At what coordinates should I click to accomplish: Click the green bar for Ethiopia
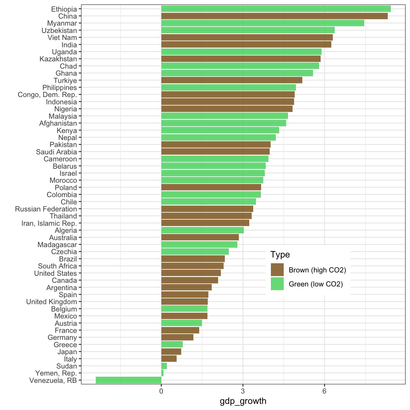tap(276, 9)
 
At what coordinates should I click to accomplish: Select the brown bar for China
tap(274, 16)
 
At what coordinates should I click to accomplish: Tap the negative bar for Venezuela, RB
tap(128, 380)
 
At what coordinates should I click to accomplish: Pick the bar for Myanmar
tap(262, 23)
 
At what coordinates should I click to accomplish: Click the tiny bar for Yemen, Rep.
tap(162, 373)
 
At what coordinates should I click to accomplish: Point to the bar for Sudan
tap(164, 366)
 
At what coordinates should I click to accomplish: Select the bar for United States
tap(191, 273)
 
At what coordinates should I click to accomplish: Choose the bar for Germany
tap(177, 337)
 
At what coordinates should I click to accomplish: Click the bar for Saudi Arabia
tap(215, 152)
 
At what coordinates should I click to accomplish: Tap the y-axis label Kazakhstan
tap(58, 59)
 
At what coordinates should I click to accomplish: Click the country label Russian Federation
tap(46, 209)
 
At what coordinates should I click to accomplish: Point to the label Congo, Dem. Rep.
tap(47, 95)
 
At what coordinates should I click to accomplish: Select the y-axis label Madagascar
tap(57, 245)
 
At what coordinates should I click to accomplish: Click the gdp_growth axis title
tap(243, 401)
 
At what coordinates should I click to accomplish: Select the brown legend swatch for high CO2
tap(277, 270)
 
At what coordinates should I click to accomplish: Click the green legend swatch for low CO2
tap(277, 284)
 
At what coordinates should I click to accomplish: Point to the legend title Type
tap(280, 254)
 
